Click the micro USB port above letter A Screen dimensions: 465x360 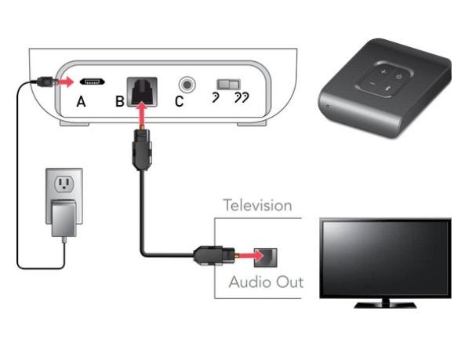pos(92,82)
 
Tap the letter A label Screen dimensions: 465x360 pos(81,102)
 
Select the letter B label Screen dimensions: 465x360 pos(120,101)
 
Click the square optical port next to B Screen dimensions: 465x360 pos(142,92)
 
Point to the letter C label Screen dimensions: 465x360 pos(179,101)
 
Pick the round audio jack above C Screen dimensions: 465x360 pos(187,85)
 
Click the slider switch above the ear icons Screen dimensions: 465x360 pos(228,84)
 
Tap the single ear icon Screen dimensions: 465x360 pos(216,97)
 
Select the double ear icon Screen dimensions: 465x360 pos(242,97)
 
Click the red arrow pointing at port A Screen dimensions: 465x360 pos(65,82)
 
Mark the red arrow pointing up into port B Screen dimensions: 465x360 pos(143,115)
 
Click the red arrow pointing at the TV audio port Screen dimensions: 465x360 pos(250,255)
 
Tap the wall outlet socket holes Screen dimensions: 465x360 pos(64,184)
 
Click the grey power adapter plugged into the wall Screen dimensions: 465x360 pos(64,218)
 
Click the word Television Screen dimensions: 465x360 pos(257,205)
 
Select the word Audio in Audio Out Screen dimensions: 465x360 pos(248,282)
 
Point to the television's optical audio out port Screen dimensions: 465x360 pos(266,257)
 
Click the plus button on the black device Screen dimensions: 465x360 pos(383,71)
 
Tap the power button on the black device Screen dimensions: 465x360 pos(399,77)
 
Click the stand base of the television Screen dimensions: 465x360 pos(385,305)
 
